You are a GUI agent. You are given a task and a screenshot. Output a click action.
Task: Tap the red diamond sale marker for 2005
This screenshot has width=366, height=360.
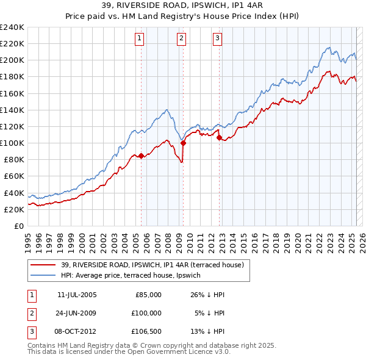[x=141, y=156]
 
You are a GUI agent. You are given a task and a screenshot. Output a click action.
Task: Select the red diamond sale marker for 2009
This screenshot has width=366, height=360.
[x=183, y=143]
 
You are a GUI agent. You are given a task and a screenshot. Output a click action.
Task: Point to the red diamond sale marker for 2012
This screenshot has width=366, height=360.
[x=219, y=138]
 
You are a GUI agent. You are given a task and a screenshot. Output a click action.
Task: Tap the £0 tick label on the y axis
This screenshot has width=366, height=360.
[x=18, y=226]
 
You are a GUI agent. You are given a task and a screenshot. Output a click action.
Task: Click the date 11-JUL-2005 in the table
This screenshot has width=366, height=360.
[x=77, y=295]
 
